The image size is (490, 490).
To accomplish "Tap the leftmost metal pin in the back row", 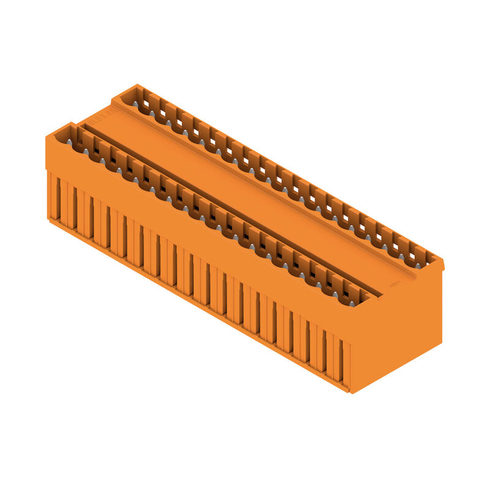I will (x=135, y=104).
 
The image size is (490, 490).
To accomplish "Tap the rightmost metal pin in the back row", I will (x=418, y=265).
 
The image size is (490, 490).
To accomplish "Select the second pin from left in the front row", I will (x=86, y=151).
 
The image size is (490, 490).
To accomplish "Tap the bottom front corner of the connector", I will (x=350, y=390).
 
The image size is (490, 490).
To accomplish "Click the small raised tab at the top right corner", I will (x=440, y=263).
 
